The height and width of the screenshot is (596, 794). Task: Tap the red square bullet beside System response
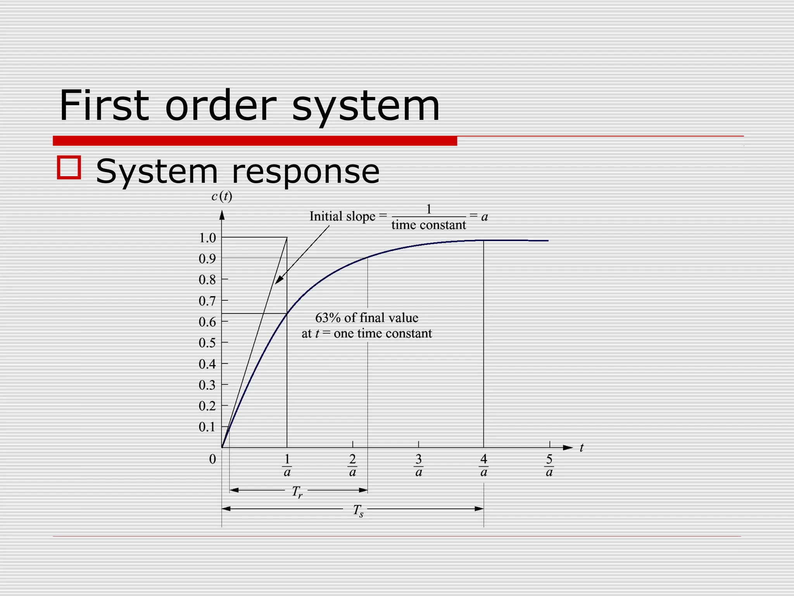pos(69,167)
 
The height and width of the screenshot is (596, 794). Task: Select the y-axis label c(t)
pos(222,197)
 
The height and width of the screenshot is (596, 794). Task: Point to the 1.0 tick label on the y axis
pos(207,238)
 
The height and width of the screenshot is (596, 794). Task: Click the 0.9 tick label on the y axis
pos(207,259)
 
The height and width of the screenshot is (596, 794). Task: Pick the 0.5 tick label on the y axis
pos(207,343)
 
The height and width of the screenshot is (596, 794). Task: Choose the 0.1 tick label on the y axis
pos(207,427)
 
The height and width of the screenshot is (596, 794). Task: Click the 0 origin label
pos(212,459)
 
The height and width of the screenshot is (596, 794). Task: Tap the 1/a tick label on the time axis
pos(287,465)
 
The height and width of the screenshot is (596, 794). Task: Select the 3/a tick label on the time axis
pos(419,465)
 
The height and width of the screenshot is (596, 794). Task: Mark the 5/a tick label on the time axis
pos(549,465)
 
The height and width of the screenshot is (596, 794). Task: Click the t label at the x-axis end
pos(582,448)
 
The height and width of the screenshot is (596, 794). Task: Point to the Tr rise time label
pos(297,492)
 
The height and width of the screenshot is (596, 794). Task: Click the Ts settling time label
pos(358,510)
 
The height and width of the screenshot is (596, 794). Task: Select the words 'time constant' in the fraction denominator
pos(428,225)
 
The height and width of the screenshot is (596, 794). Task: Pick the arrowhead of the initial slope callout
pos(278,281)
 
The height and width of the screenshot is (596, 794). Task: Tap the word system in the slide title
pos(366,106)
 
